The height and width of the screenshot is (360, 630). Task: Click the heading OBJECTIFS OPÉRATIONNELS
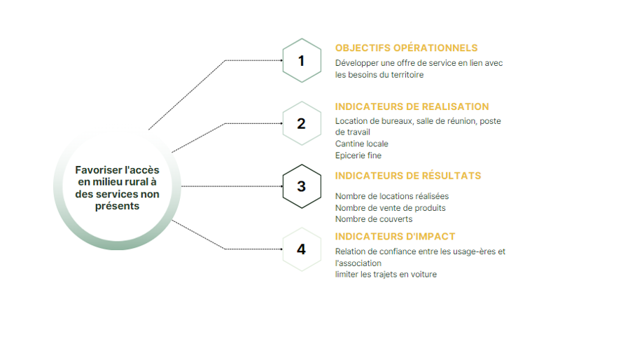(x=406, y=48)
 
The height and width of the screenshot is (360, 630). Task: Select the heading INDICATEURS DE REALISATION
(x=412, y=106)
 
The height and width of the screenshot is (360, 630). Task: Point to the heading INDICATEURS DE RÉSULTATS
(x=408, y=176)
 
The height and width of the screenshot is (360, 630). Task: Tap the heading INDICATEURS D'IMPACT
(x=395, y=236)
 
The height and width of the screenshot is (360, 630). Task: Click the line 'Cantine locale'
(x=362, y=144)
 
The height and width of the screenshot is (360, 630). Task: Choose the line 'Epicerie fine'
(x=358, y=155)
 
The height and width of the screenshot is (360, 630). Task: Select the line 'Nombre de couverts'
(x=374, y=219)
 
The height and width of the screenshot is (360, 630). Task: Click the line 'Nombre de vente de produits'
(x=390, y=208)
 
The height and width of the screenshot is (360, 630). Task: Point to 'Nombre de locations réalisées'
(x=392, y=196)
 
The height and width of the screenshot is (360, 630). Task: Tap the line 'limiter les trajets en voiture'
(x=386, y=275)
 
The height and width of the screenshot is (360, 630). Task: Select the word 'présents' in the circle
(x=118, y=206)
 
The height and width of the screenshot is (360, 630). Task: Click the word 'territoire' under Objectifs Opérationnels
(x=407, y=75)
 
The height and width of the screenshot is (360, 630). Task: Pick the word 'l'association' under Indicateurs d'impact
(x=358, y=263)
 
